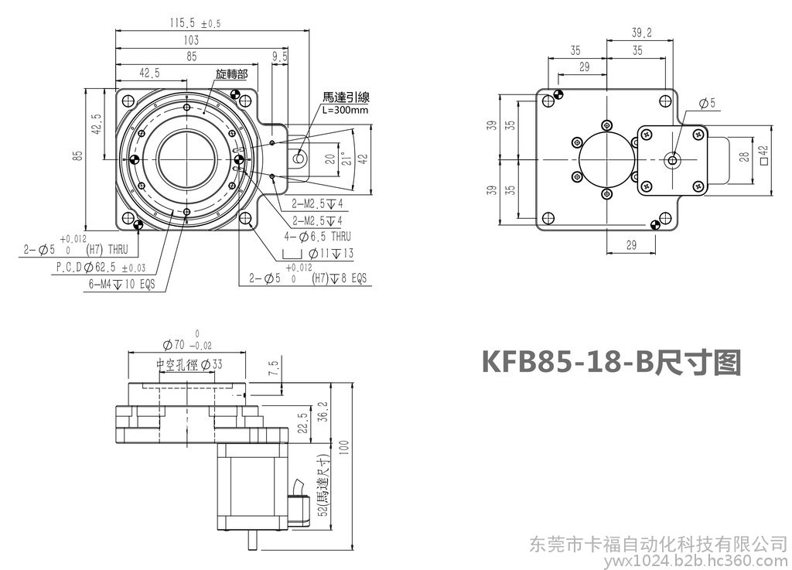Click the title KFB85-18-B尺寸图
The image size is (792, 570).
tap(611, 361)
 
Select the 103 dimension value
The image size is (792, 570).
tap(191, 40)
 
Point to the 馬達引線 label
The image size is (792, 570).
tap(346, 97)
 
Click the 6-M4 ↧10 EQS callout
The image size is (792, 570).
tap(121, 284)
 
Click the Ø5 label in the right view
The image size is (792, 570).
tap(707, 103)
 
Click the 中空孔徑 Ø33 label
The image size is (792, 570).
tap(189, 364)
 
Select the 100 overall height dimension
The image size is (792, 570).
tap(343, 446)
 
